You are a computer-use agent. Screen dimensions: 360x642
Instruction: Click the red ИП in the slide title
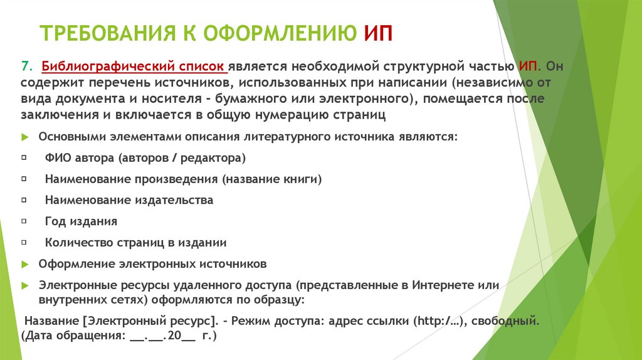(378, 33)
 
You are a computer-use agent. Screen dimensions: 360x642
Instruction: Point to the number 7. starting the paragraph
(26, 66)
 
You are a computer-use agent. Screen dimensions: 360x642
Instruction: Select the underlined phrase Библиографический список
(134, 66)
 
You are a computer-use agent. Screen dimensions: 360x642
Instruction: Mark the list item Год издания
(81, 221)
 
